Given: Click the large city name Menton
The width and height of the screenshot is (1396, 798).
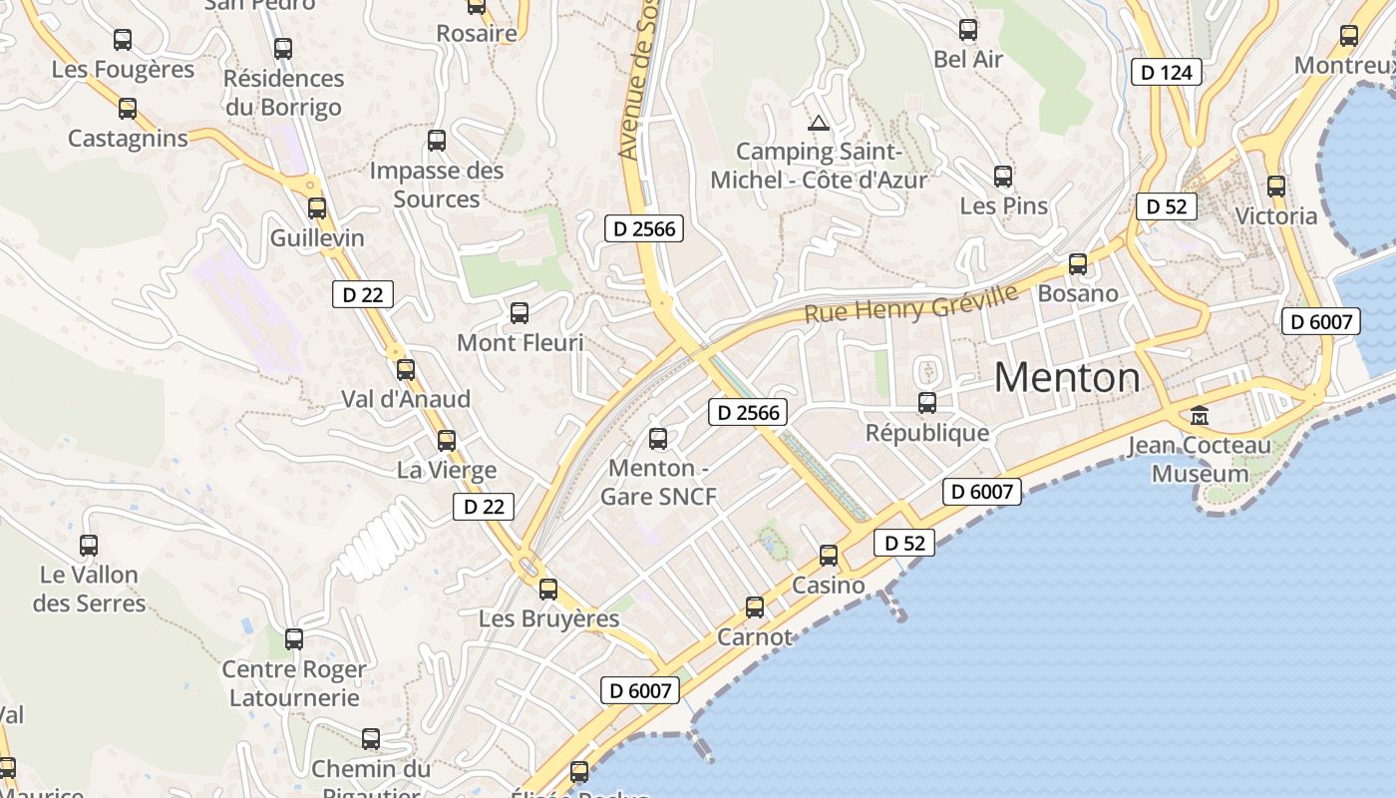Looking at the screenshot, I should pos(1067,378).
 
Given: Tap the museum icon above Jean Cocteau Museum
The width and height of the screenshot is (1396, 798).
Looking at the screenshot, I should pos(1200,415).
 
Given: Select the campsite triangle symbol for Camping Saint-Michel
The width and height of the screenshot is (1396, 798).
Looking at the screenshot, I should pos(819,124).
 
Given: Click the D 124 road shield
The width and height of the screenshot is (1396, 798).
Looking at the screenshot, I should pos(1167,72).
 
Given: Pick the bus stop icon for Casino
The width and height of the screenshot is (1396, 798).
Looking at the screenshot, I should pos(829,556).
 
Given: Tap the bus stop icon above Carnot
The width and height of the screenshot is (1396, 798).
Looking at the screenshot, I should pos(755,606).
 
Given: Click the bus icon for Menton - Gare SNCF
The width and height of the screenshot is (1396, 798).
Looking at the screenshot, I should pos(658,438).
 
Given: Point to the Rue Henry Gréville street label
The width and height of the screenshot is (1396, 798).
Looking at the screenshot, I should pos(911,302).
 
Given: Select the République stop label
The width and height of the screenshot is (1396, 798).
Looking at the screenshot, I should pos(927,433).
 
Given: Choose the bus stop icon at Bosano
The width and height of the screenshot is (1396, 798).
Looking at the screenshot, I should pos(1078,264).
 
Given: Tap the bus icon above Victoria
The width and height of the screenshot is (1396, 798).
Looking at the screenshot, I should pos(1276,187).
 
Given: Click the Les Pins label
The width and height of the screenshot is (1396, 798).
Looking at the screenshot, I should pos(1003,205).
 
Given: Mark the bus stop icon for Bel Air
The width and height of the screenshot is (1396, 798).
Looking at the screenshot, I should pos(968,30).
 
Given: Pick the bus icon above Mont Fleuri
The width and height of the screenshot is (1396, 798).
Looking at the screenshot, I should pos(520,313).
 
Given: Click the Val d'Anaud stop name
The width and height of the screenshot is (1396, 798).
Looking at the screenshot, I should pos(406,399).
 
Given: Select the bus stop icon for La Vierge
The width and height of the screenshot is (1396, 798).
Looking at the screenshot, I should pos(447,440).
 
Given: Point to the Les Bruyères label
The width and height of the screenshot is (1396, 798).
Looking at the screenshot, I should pos(548,618).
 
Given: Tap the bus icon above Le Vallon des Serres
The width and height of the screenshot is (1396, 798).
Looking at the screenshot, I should pos(89,546).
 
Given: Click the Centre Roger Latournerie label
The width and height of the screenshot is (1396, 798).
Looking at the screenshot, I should pos(294,683).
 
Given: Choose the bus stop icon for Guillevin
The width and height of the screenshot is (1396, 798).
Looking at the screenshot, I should pos(317,208).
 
